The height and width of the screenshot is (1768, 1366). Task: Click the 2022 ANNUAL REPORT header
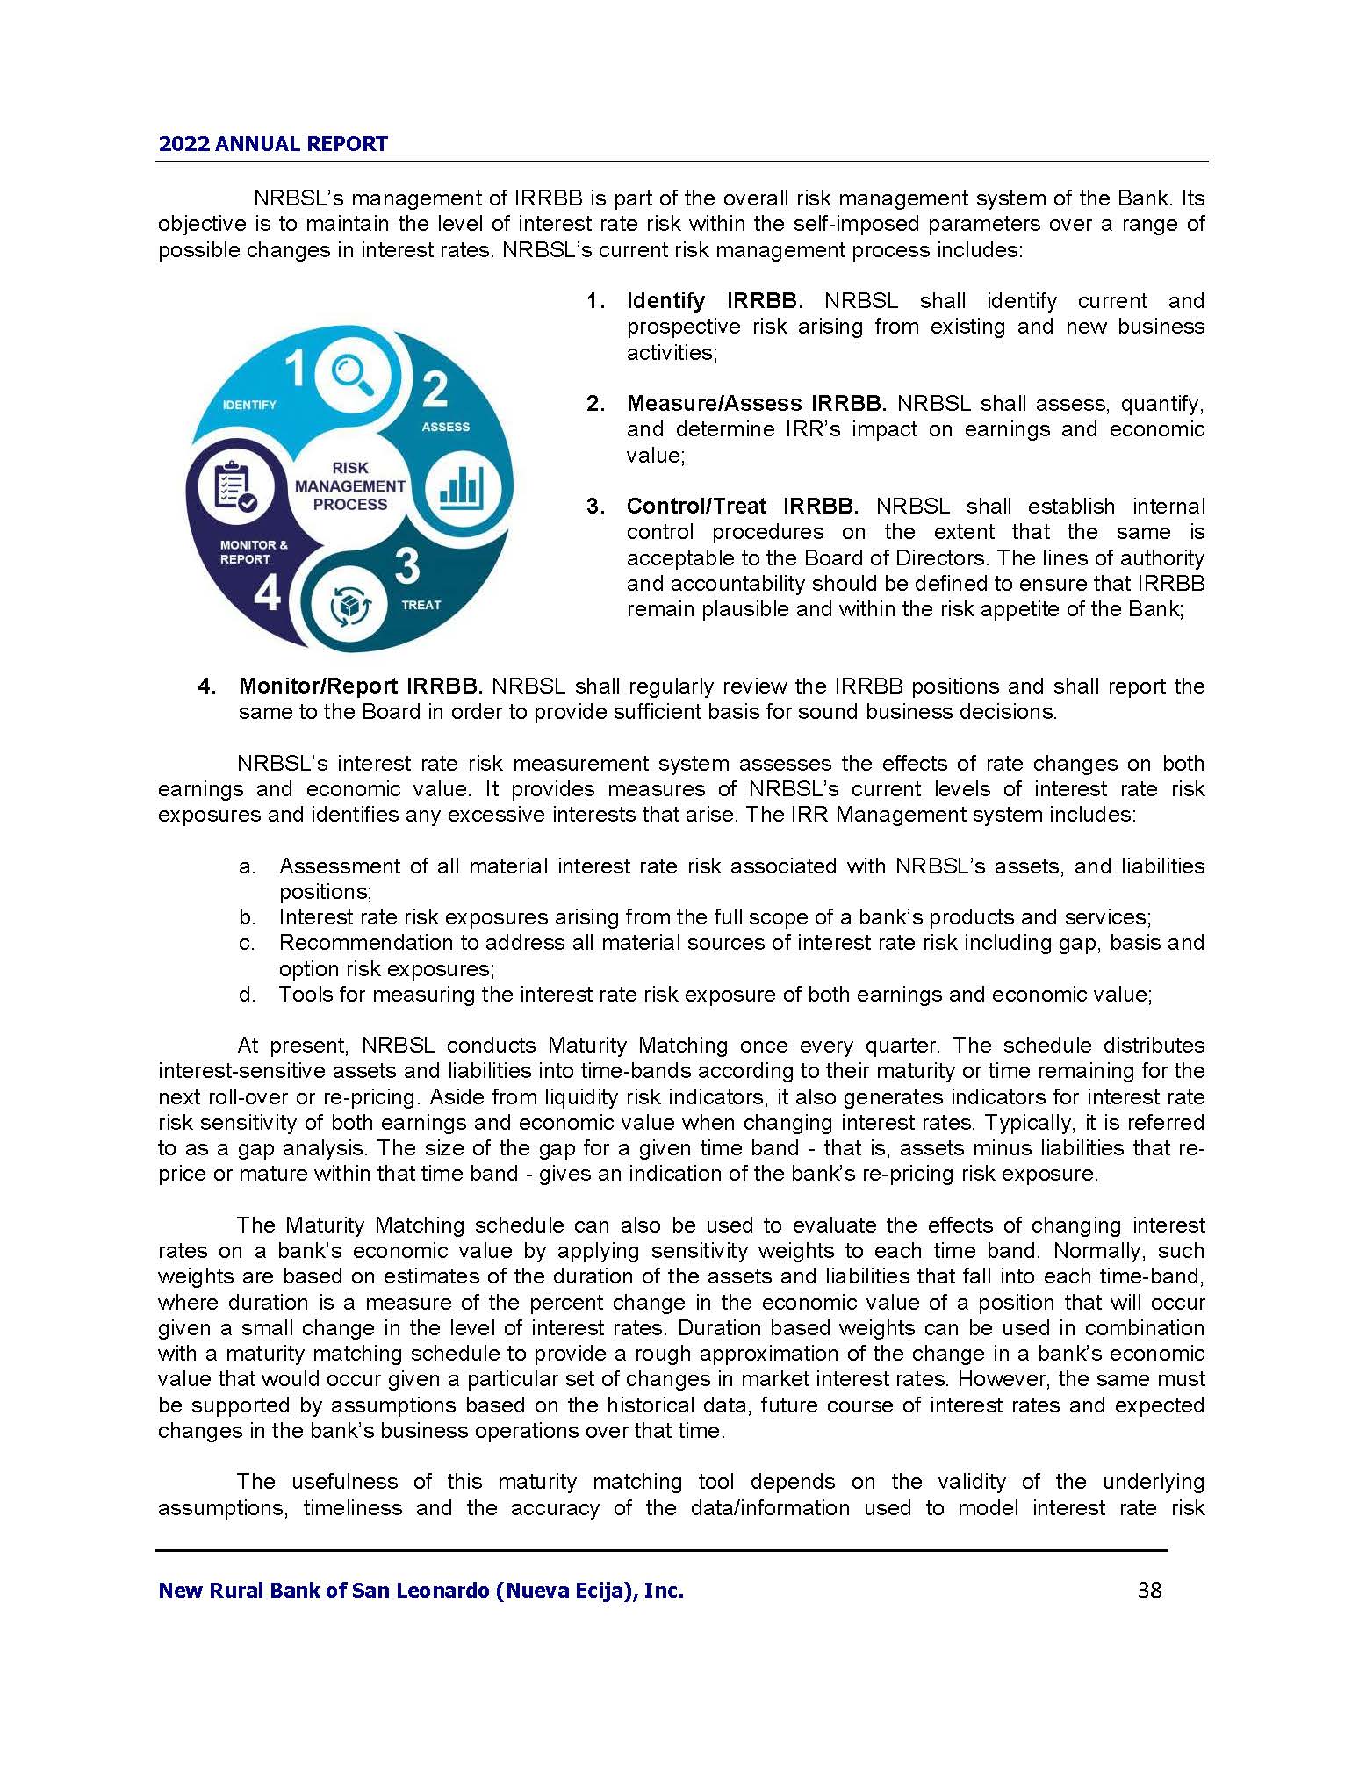(272, 144)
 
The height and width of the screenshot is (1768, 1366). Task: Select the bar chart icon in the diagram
(462, 487)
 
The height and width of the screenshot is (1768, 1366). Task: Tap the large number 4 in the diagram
(267, 594)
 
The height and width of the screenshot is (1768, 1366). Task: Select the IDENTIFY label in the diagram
(249, 405)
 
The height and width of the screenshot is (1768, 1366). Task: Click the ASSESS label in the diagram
(445, 427)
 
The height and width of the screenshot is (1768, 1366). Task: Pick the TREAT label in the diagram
(421, 605)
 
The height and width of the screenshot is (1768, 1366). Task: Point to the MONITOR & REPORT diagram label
(253, 552)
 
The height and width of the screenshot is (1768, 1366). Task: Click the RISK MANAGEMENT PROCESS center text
(350, 486)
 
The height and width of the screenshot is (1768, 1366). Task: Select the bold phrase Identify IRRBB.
(715, 301)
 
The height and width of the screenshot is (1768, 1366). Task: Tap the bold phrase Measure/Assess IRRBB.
(756, 404)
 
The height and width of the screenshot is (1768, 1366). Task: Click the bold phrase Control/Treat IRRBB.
(742, 507)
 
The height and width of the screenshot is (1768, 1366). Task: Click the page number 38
(1149, 1590)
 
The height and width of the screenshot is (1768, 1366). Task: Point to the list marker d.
(247, 995)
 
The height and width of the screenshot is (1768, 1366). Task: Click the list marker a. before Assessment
(247, 866)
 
